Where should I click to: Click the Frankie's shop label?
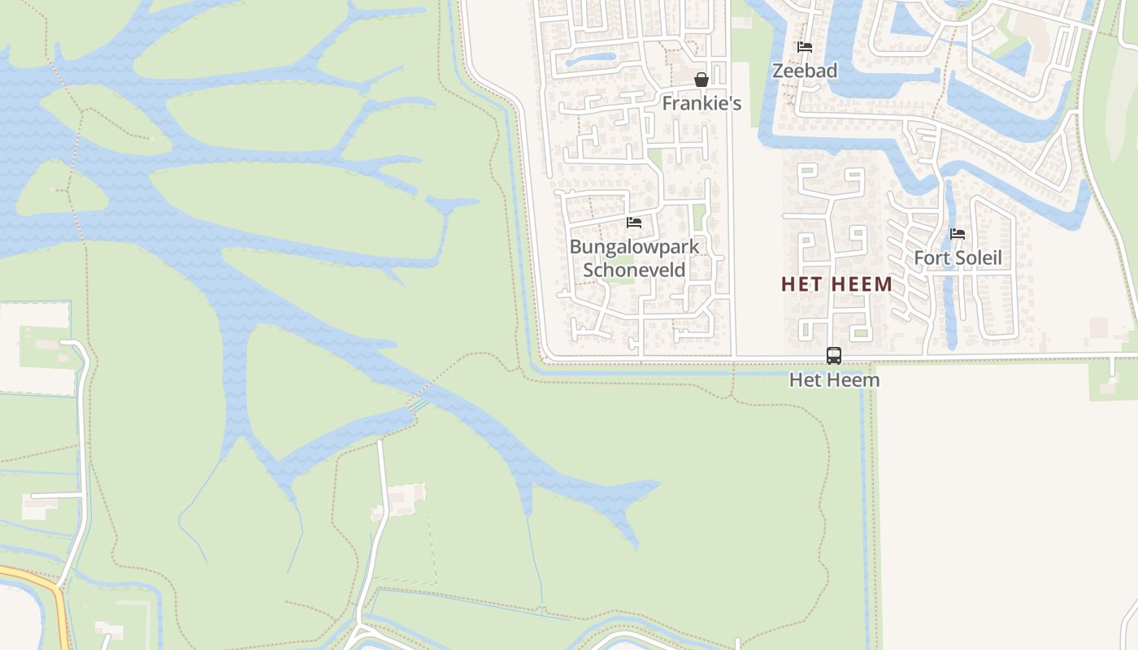pyautogui.click(x=701, y=103)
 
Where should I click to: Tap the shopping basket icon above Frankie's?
pyautogui.click(x=701, y=80)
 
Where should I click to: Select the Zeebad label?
pyautogui.click(x=804, y=71)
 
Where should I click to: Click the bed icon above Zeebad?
pyautogui.click(x=805, y=47)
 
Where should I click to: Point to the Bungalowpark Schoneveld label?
pyautogui.click(x=634, y=258)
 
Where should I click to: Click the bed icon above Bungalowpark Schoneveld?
pyautogui.click(x=634, y=222)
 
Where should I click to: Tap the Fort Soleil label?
pyautogui.click(x=958, y=258)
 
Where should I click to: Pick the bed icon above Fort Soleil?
pyautogui.click(x=958, y=234)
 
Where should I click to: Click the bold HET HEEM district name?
pyautogui.click(x=836, y=284)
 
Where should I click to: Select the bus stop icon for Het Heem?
pyautogui.click(x=834, y=355)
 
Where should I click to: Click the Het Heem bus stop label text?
pyautogui.click(x=834, y=379)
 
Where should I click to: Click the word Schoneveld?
pyautogui.click(x=634, y=270)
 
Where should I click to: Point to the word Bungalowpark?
pyautogui.click(x=634, y=246)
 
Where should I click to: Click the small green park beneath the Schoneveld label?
pyautogui.click(x=619, y=280)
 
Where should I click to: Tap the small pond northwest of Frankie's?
pyautogui.click(x=591, y=58)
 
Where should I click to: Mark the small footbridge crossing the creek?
pyautogui.click(x=419, y=403)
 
